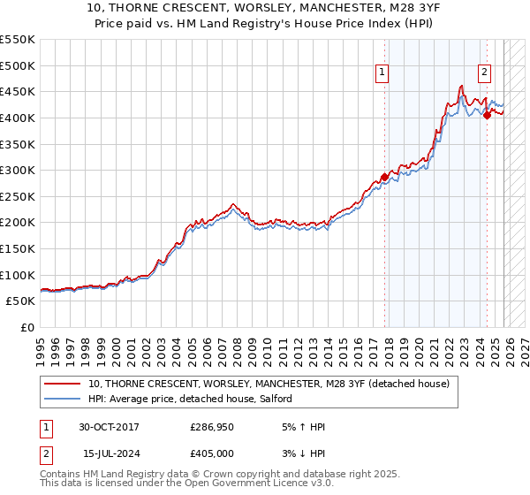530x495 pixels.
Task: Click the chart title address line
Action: [x=265, y=8]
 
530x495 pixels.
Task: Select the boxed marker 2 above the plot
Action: [x=485, y=73]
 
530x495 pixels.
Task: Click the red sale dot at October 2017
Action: [x=384, y=176]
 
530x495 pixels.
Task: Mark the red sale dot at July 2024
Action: [x=487, y=114]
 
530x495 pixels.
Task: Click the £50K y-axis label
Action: [x=21, y=301]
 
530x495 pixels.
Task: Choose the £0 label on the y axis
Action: [x=28, y=327]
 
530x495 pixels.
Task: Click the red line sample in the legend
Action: [x=62, y=384]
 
